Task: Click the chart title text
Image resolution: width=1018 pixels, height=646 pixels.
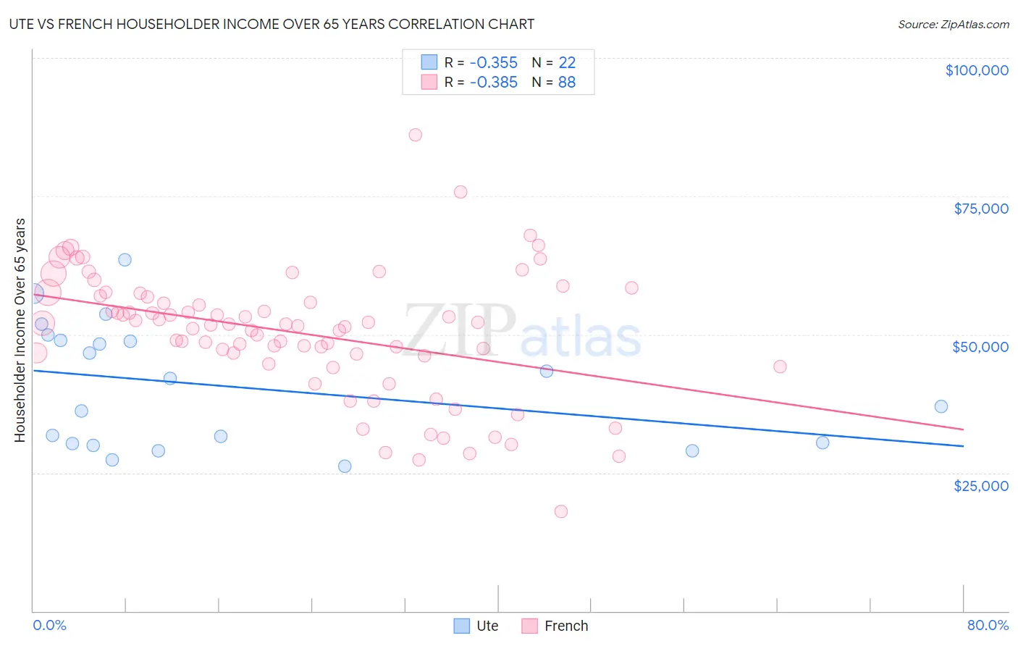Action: (272, 24)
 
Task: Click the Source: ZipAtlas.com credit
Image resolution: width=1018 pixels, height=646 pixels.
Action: (953, 24)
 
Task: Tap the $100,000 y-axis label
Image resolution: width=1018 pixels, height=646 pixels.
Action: (976, 70)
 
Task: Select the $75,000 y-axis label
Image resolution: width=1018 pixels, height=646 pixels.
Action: (980, 209)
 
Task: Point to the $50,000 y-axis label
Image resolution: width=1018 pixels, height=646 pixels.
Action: (980, 347)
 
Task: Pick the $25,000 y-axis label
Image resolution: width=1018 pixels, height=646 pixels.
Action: (980, 485)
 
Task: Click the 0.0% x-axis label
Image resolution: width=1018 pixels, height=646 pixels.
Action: (49, 625)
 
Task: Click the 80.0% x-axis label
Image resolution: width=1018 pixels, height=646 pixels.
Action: (987, 625)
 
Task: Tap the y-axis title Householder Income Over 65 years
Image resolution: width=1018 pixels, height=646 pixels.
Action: (20, 330)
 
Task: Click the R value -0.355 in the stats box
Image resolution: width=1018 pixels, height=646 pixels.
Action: (493, 63)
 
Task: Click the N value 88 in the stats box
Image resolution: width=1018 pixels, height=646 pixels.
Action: (566, 83)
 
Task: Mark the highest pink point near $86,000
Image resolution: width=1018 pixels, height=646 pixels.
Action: (415, 135)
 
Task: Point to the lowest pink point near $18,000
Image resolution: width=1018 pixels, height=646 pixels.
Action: (560, 511)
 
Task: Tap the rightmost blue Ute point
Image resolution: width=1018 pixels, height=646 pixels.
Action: (941, 406)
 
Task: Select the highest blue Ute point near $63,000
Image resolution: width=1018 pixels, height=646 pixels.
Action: (125, 259)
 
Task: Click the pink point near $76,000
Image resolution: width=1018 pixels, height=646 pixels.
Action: (460, 192)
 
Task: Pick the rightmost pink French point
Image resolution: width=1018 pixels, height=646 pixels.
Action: (780, 366)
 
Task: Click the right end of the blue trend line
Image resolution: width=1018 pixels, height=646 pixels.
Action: (962, 446)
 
